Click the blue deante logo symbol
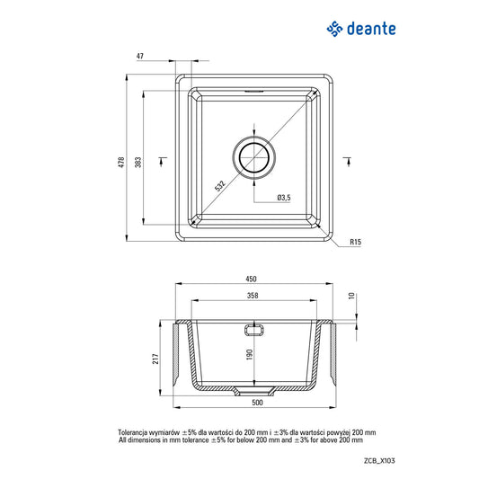pos(335,31)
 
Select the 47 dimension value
pos(139,56)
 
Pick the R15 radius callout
pos(356,242)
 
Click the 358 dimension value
pos(255,296)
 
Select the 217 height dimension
pos(155,359)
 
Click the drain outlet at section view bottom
pos(244,391)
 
